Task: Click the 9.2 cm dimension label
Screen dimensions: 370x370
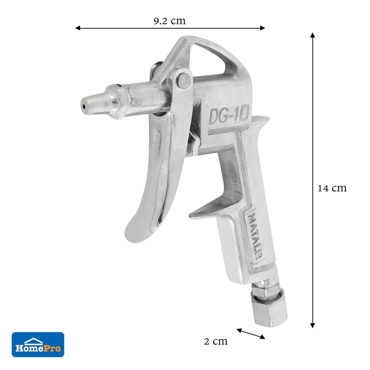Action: tap(170, 21)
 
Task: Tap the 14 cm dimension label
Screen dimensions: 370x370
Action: tap(332, 188)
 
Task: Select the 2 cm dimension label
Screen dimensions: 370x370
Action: tap(216, 341)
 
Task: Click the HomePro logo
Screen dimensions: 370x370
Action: tap(38, 344)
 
